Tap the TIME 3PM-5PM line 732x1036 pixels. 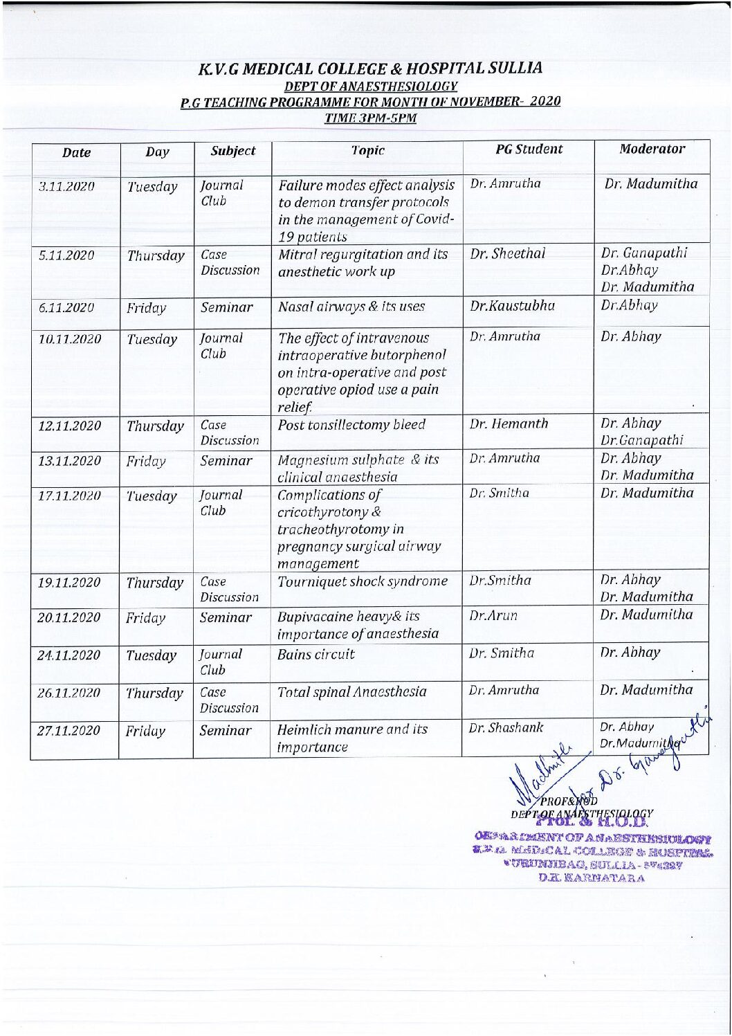click(x=370, y=117)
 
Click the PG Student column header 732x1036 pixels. click(x=529, y=149)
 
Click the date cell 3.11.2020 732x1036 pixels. click(x=66, y=187)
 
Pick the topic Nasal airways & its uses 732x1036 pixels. click(x=351, y=307)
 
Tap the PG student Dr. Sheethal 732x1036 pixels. click(x=508, y=254)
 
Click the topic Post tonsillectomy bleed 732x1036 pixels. click(x=351, y=424)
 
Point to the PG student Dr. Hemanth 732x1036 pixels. click(x=509, y=424)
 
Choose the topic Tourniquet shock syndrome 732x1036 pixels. click(x=363, y=581)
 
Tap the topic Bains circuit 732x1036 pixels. click(x=316, y=654)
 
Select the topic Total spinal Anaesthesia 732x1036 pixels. click(x=352, y=691)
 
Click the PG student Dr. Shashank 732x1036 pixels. click(x=506, y=728)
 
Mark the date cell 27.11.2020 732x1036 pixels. click(x=69, y=731)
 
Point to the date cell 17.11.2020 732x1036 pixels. click(x=69, y=496)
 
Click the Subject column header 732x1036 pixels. click(x=233, y=151)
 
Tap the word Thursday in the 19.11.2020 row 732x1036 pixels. click(x=155, y=583)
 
